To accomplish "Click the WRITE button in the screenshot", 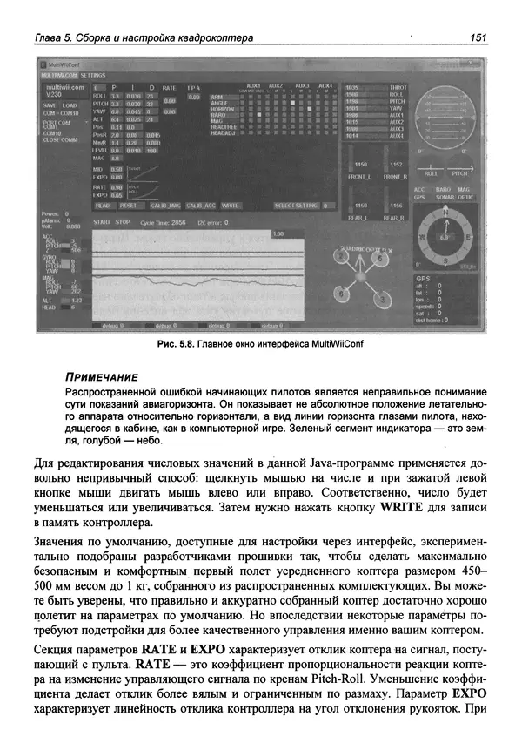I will coord(231,206).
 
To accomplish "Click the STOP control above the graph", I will coord(123,222).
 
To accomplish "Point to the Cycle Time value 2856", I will coord(178,222).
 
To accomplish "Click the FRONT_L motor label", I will coord(360,176).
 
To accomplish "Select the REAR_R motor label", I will coord(393,217).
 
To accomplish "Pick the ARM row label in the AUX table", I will coord(218,96).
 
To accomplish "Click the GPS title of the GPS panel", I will coord(424,278).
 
